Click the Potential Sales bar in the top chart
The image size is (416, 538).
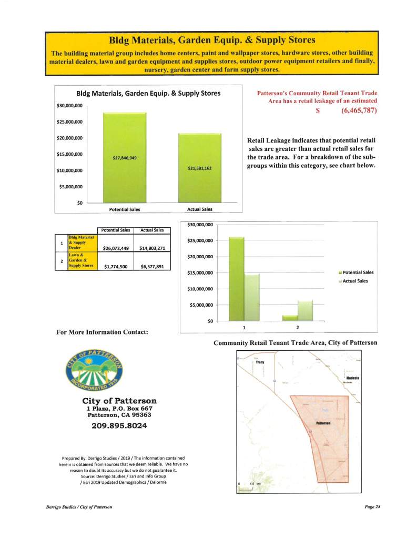click(x=124, y=158)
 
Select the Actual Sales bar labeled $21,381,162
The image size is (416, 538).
click(x=199, y=168)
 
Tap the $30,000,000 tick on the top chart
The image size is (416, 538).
click(x=69, y=106)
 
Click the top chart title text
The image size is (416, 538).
click(x=148, y=94)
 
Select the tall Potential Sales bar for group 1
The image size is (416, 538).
click(x=237, y=279)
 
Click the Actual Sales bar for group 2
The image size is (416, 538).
click(x=305, y=310)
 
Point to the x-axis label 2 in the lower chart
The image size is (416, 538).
click(x=298, y=328)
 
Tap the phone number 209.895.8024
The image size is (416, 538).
click(x=117, y=425)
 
